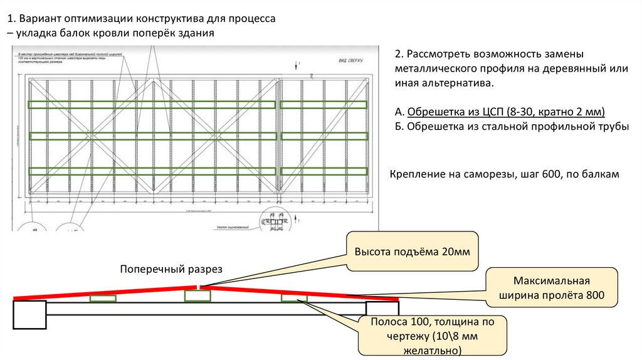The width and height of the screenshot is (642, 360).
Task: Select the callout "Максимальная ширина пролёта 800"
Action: click(x=551, y=287)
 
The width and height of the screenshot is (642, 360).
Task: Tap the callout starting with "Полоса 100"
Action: click(x=433, y=336)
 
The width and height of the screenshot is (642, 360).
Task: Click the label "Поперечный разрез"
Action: click(x=172, y=269)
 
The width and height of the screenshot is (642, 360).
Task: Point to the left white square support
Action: click(x=30, y=315)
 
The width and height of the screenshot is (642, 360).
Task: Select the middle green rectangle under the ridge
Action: click(x=197, y=295)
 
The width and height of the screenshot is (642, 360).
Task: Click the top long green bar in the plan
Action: click(x=152, y=105)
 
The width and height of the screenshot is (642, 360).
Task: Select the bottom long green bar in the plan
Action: click(x=152, y=171)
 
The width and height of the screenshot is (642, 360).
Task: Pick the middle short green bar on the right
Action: click(x=324, y=135)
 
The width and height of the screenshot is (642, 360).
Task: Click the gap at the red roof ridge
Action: click(x=199, y=287)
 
